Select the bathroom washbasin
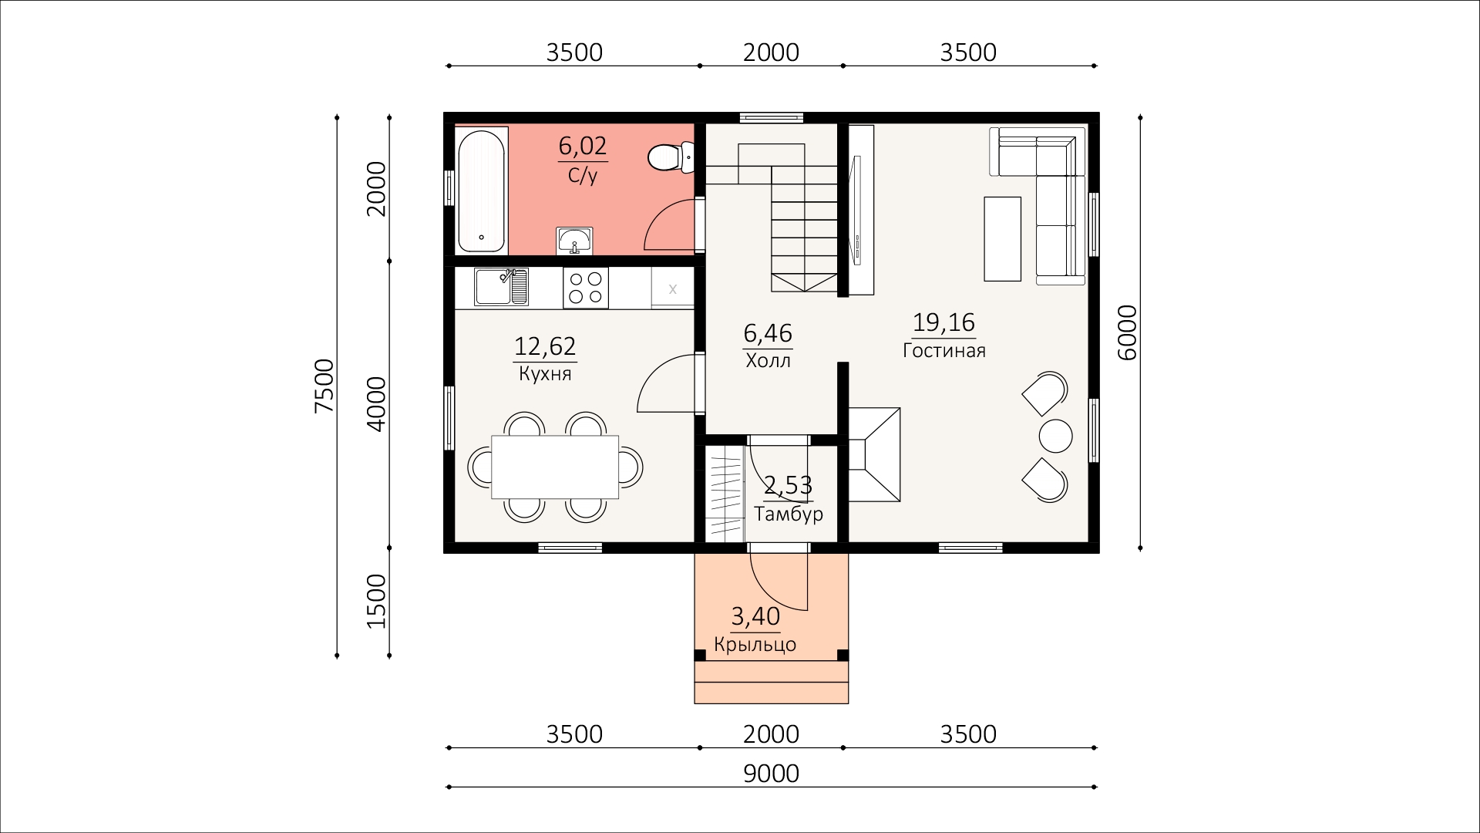tap(574, 241)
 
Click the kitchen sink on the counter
tap(501, 287)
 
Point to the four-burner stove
tap(586, 288)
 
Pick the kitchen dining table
tap(556, 467)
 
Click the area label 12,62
tap(545, 346)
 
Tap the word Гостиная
tap(944, 351)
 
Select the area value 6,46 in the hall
tap(768, 333)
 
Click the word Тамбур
tap(789, 514)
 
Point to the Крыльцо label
tap(755, 645)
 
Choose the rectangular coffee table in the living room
tap(1002, 238)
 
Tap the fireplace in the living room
tap(874, 455)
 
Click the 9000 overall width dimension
tap(771, 773)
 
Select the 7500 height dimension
tap(325, 385)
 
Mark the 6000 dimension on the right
tap(1125, 332)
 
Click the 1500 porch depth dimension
tap(375, 602)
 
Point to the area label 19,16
tap(944, 322)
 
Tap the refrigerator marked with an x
tap(672, 288)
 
